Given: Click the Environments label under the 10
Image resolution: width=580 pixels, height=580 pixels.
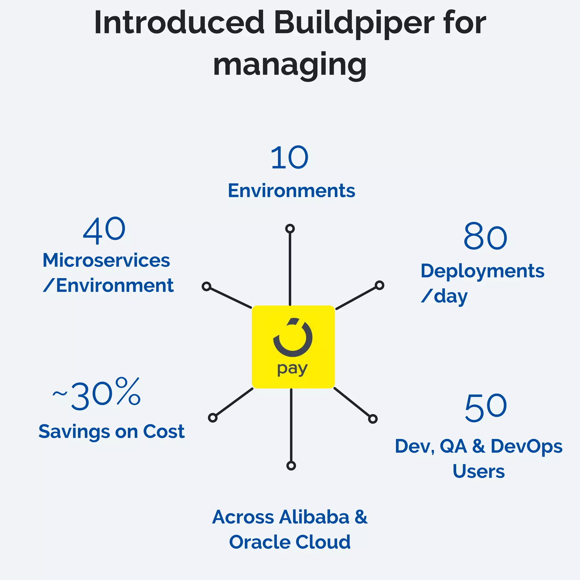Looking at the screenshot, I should tap(291, 191).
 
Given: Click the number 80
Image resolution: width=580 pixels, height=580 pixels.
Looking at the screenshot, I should tap(485, 237).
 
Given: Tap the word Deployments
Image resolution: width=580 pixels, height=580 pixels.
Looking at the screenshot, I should tap(482, 271).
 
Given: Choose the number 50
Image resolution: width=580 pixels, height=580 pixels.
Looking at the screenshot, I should tap(486, 408).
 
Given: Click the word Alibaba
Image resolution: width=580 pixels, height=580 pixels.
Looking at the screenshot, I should tap(314, 517).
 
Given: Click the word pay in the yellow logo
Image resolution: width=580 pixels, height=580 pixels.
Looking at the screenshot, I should tap(292, 369).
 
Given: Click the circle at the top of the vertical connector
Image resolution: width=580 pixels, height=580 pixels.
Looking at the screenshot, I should tap(290, 229).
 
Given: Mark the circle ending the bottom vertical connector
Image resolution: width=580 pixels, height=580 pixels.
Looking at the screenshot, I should tap(291, 466).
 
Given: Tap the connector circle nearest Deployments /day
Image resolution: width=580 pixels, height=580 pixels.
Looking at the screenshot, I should tap(379, 285).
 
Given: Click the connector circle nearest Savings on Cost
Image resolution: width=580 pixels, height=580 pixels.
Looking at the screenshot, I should tap(213, 418).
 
